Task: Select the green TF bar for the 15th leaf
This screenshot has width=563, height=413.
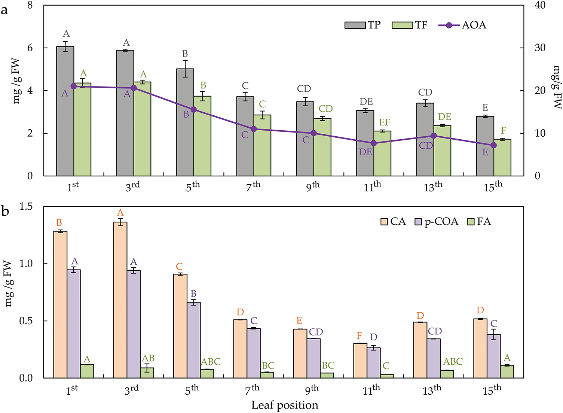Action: point(502,158)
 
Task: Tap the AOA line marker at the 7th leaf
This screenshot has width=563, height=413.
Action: point(254,129)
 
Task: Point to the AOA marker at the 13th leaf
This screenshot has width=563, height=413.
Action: point(434,136)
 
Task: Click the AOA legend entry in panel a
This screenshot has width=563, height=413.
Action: point(463,25)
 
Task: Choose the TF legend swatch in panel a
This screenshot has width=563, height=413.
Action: point(403,25)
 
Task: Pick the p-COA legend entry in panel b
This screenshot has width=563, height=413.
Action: point(437,222)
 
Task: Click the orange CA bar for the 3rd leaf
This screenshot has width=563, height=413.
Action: point(120,300)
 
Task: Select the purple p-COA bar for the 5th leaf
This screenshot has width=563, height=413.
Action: point(193,340)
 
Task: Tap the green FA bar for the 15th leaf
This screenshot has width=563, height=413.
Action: point(507,371)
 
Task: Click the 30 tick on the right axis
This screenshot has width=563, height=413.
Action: point(539,48)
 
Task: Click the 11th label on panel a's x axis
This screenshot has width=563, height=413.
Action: point(372,186)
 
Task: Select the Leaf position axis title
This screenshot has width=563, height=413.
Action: point(285,405)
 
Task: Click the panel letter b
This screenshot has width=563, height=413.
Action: point(5,212)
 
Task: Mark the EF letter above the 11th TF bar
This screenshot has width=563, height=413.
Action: point(384,122)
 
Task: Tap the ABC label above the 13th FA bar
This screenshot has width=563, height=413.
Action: point(453,362)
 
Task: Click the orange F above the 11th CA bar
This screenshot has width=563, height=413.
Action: point(359,336)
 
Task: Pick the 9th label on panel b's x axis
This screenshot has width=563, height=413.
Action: point(312,390)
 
